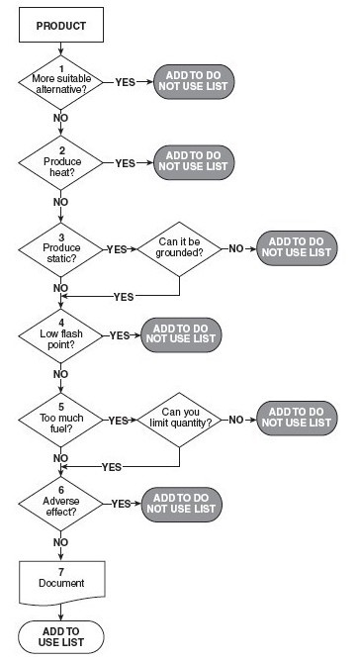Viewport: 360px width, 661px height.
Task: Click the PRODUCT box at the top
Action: click(x=60, y=26)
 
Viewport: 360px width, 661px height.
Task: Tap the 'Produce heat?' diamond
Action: click(x=60, y=162)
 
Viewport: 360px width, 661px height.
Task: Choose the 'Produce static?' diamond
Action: click(x=60, y=248)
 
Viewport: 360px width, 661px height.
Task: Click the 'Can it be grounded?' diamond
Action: click(x=180, y=248)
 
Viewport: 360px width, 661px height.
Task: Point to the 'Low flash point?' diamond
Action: click(x=60, y=334)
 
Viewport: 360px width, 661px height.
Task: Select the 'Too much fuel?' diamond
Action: click(x=60, y=420)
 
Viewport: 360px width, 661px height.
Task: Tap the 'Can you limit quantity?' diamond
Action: click(x=180, y=420)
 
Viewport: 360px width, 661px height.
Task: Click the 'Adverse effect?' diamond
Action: click(x=60, y=504)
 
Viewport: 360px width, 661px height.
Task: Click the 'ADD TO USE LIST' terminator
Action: click(x=60, y=636)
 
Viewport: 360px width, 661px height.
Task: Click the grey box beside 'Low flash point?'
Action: click(x=181, y=334)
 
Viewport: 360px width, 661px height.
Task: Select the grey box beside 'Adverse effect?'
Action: click(x=181, y=504)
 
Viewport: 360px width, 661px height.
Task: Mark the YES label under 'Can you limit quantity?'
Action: click(x=112, y=466)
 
